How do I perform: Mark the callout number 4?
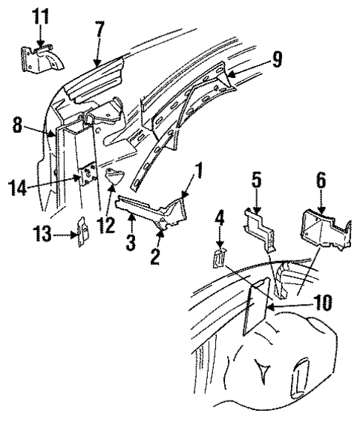(x=220, y=238)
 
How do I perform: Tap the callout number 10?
(x=304, y=302)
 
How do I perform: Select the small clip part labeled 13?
(x=83, y=231)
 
